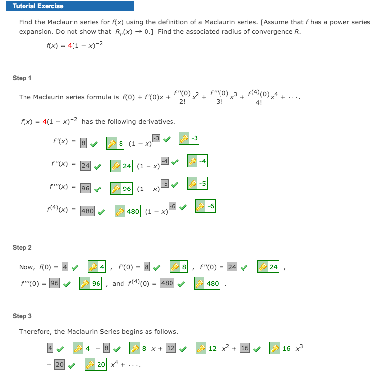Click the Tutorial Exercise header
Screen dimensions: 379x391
[x=38, y=6]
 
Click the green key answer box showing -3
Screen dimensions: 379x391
[x=189, y=138]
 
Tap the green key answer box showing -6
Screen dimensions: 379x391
[x=205, y=206]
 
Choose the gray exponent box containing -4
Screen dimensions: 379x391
[x=165, y=161]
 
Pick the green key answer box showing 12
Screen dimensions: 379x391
[x=207, y=348]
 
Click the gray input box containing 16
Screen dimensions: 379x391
[x=245, y=348]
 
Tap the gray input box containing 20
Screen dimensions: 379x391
[x=59, y=364]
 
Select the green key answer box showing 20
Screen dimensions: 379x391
[x=96, y=364]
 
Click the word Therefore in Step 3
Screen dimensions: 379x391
[x=34, y=331]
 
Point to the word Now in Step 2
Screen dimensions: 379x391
[x=26, y=267]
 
